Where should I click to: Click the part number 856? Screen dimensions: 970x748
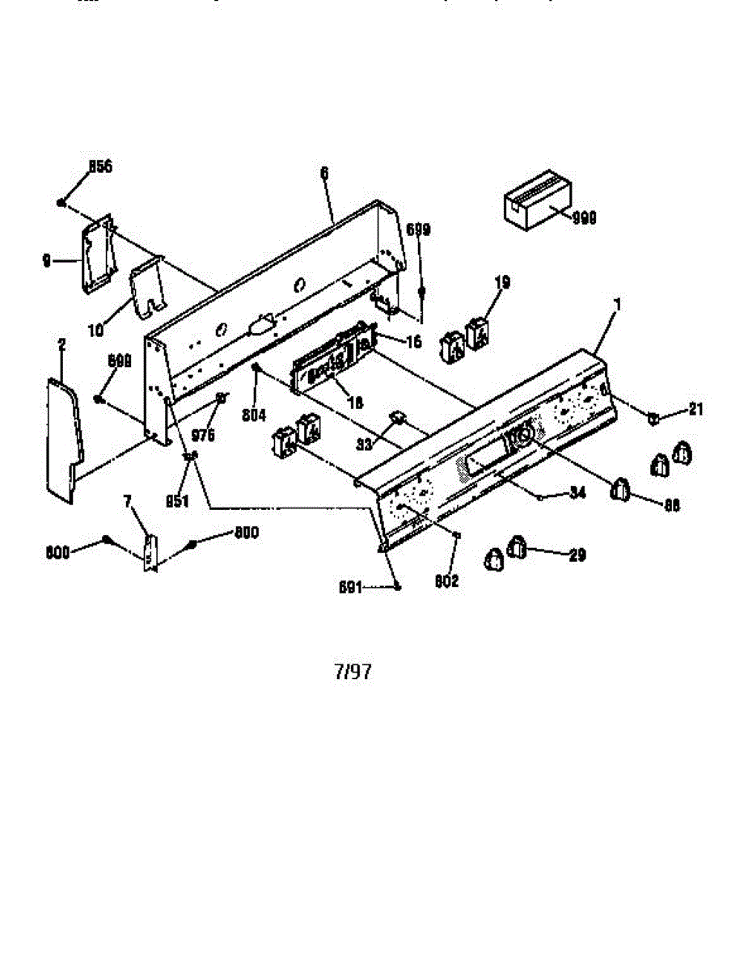tap(100, 167)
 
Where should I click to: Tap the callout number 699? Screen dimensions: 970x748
tap(417, 230)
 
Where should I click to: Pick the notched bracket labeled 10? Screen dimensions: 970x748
tap(148, 286)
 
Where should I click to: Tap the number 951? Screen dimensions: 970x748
tap(177, 500)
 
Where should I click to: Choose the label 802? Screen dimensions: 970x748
tap(447, 580)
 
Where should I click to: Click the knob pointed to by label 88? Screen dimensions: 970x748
tap(620, 489)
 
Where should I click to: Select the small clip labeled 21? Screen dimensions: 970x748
tap(652, 417)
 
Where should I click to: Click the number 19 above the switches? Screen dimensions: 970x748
tap(502, 282)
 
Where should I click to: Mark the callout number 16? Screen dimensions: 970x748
tap(413, 342)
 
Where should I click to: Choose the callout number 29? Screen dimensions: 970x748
tap(577, 555)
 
